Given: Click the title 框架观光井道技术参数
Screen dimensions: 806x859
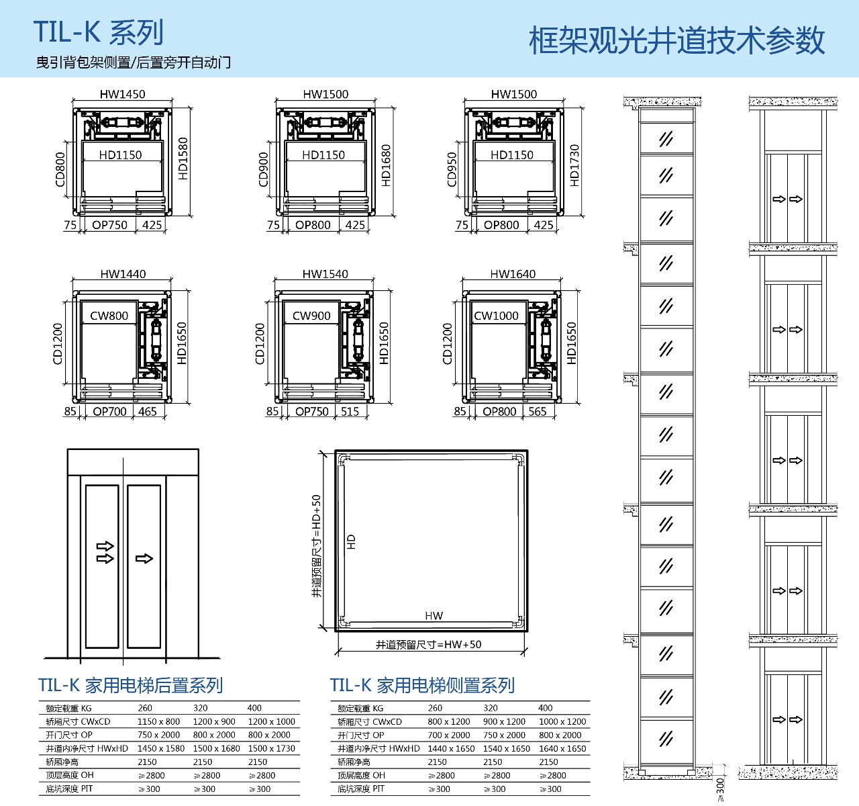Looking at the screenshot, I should pyautogui.click(x=676, y=40).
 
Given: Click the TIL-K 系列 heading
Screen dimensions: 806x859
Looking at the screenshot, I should pyautogui.click(x=99, y=32).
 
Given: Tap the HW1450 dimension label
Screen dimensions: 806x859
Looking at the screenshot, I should pyautogui.click(x=122, y=94).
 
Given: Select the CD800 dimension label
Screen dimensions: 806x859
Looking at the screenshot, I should pyautogui.click(x=61, y=170).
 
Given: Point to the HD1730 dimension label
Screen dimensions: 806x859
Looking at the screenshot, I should pyautogui.click(x=574, y=165).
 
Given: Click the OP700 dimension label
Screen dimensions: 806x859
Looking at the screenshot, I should pyautogui.click(x=109, y=411).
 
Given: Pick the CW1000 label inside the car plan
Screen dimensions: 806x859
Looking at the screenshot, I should pyautogui.click(x=496, y=316).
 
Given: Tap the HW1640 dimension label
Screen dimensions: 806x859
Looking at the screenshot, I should pyautogui.click(x=513, y=274).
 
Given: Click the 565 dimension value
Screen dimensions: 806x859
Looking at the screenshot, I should pyautogui.click(x=538, y=411).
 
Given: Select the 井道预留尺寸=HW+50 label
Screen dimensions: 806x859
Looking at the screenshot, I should pyautogui.click(x=428, y=645).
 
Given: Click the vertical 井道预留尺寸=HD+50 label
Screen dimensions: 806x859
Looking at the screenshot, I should pyautogui.click(x=317, y=547).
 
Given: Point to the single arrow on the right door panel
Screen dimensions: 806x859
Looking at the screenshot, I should pyautogui.click(x=144, y=558).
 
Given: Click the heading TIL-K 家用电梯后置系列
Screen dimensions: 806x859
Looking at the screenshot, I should pyautogui.click(x=130, y=685).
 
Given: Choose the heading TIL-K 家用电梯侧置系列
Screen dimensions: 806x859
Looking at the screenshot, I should pyautogui.click(x=422, y=685).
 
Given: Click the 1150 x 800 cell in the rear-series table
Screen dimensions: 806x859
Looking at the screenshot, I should pyautogui.click(x=158, y=721).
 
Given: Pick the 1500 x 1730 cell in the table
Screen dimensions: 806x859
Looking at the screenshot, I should pyautogui.click(x=271, y=748).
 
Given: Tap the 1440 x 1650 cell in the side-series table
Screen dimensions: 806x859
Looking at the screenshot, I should pyautogui.click(x=451, y=748).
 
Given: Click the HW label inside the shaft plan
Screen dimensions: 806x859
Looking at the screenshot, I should pyautogui.click(x=434, y=616).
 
